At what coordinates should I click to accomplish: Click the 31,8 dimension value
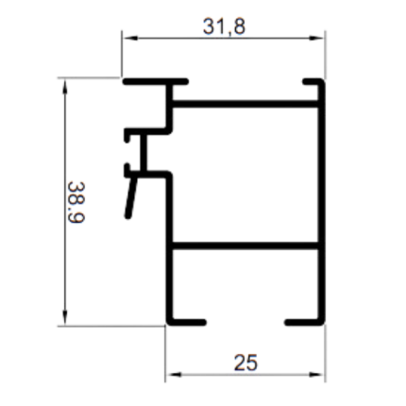pyautogui.click(x=224, y=26)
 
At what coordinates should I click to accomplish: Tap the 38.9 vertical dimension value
pyautogui.click(x=76, y=202)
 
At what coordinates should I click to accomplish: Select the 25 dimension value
pyautogui.click(x=245, y=363)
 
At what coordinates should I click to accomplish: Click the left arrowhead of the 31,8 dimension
pyautogui.click(x=129, y=38)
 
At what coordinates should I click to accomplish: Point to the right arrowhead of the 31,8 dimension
pyautogui.click(x=317, y=38)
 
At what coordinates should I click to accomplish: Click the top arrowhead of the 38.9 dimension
pyautogui.click(x=65, y=86)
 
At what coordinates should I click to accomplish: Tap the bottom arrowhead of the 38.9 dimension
pyautogui.click(x=65, y=317)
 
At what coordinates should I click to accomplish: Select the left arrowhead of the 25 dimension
pyautogui.click(x=174, y=375)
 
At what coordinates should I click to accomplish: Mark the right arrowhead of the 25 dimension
pyautogui.click(x=317, y=375)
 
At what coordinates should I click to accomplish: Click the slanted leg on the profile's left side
pyautogui.click(x=131, y=196)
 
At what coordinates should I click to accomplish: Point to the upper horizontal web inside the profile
pyautogui.click(x=245, y=104)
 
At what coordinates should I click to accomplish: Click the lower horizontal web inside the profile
pyautogui.click(x=245, y=245)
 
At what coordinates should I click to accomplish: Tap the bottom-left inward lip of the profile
pyautogui.click(x=186, y=322)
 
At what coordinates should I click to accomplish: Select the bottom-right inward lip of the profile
pyautogui.click(x=304, y=322)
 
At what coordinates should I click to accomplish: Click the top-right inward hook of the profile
pyautogui.click(x=313, y=82)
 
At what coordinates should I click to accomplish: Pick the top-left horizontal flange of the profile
pyautogui.click(x=156, y=82)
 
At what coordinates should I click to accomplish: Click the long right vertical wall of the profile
pyautogui.click(x=321, y=202)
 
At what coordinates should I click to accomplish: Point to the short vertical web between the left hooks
pyautogui.click(x=144, y=153)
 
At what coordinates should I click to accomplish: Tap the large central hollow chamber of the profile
pyautogui.click(x=245, y=175)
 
